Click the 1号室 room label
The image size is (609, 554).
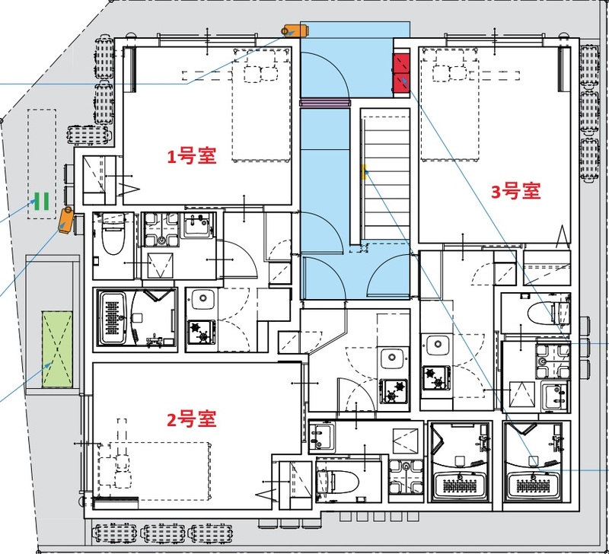(x=193, y=157)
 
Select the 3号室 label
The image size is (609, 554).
(x=515, y=192)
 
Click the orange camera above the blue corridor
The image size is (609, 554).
(x=294, y=30)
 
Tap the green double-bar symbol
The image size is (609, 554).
(x=41, y=201)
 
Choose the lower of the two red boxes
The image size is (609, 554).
(x=401, y=82)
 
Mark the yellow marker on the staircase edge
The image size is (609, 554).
(x=364, y=170)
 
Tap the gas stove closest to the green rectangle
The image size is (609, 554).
(x=202, y=332)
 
